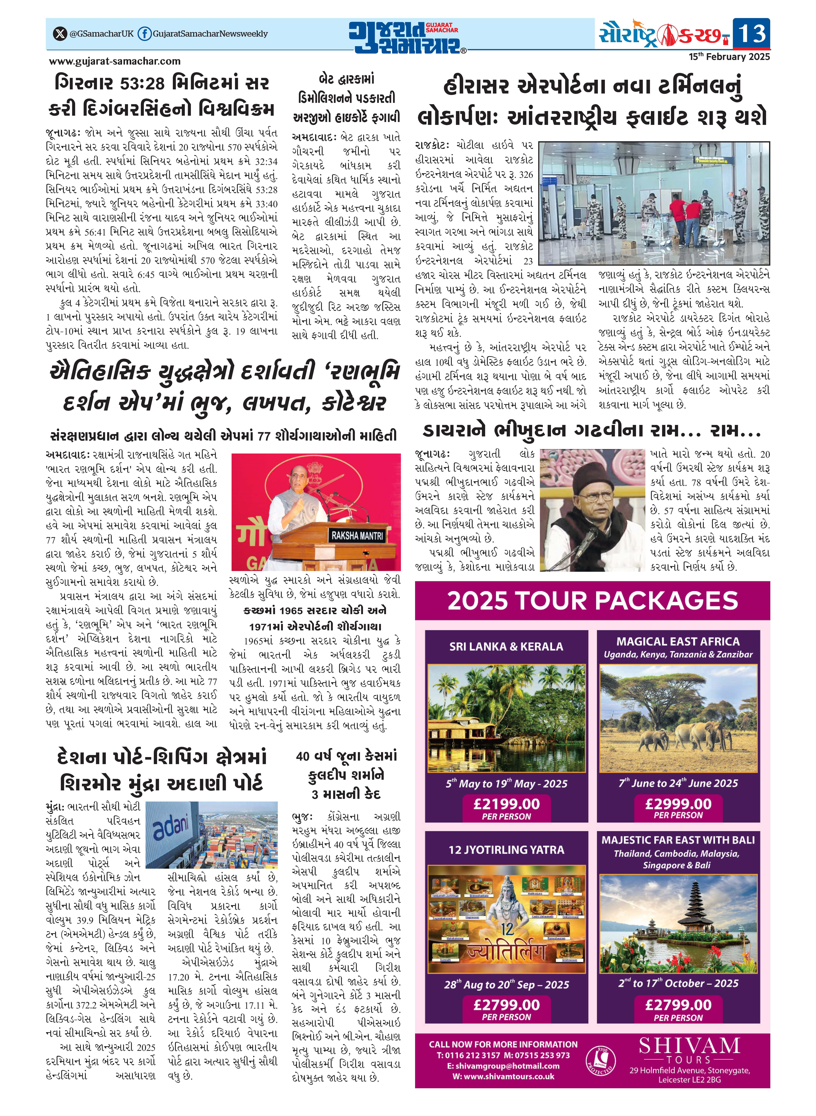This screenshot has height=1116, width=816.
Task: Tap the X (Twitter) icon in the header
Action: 60,34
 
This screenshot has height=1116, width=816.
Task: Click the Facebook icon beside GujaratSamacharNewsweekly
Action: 144,34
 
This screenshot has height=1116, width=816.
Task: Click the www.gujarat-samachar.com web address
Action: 115,61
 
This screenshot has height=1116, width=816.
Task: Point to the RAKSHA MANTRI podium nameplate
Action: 357,536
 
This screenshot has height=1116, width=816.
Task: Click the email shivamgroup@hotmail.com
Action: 503,1066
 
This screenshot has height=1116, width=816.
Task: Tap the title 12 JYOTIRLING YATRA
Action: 506,850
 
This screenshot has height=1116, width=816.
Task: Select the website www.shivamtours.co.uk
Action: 503,1077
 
